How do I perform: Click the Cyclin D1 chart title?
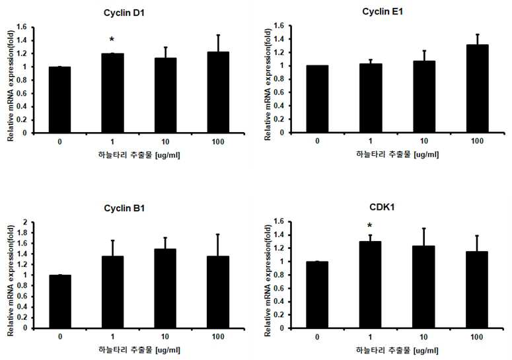coord(124,13)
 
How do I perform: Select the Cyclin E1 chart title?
coord(383,12)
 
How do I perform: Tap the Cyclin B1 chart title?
coord(124,208)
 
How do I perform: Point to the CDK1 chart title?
coord(382,207)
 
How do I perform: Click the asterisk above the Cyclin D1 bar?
coord(112,40)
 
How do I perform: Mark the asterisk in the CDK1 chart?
coord(370,225)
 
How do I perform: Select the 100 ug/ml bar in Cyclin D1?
coord(218,92)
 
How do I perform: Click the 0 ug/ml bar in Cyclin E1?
coord(317,99)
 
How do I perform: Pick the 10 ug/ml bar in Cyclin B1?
coord(165,288)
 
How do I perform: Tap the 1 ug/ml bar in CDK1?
coord(370,285)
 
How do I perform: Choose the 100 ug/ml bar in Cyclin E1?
coord(478,89)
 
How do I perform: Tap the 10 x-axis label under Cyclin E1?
coord(423,141)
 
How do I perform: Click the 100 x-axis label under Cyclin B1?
coord(218,336)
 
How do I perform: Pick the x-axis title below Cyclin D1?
coord(139,155)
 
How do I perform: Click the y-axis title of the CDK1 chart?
coord(268,281)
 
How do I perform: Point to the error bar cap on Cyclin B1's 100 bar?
coord(218,234)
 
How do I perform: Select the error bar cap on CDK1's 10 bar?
coord(423,229)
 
